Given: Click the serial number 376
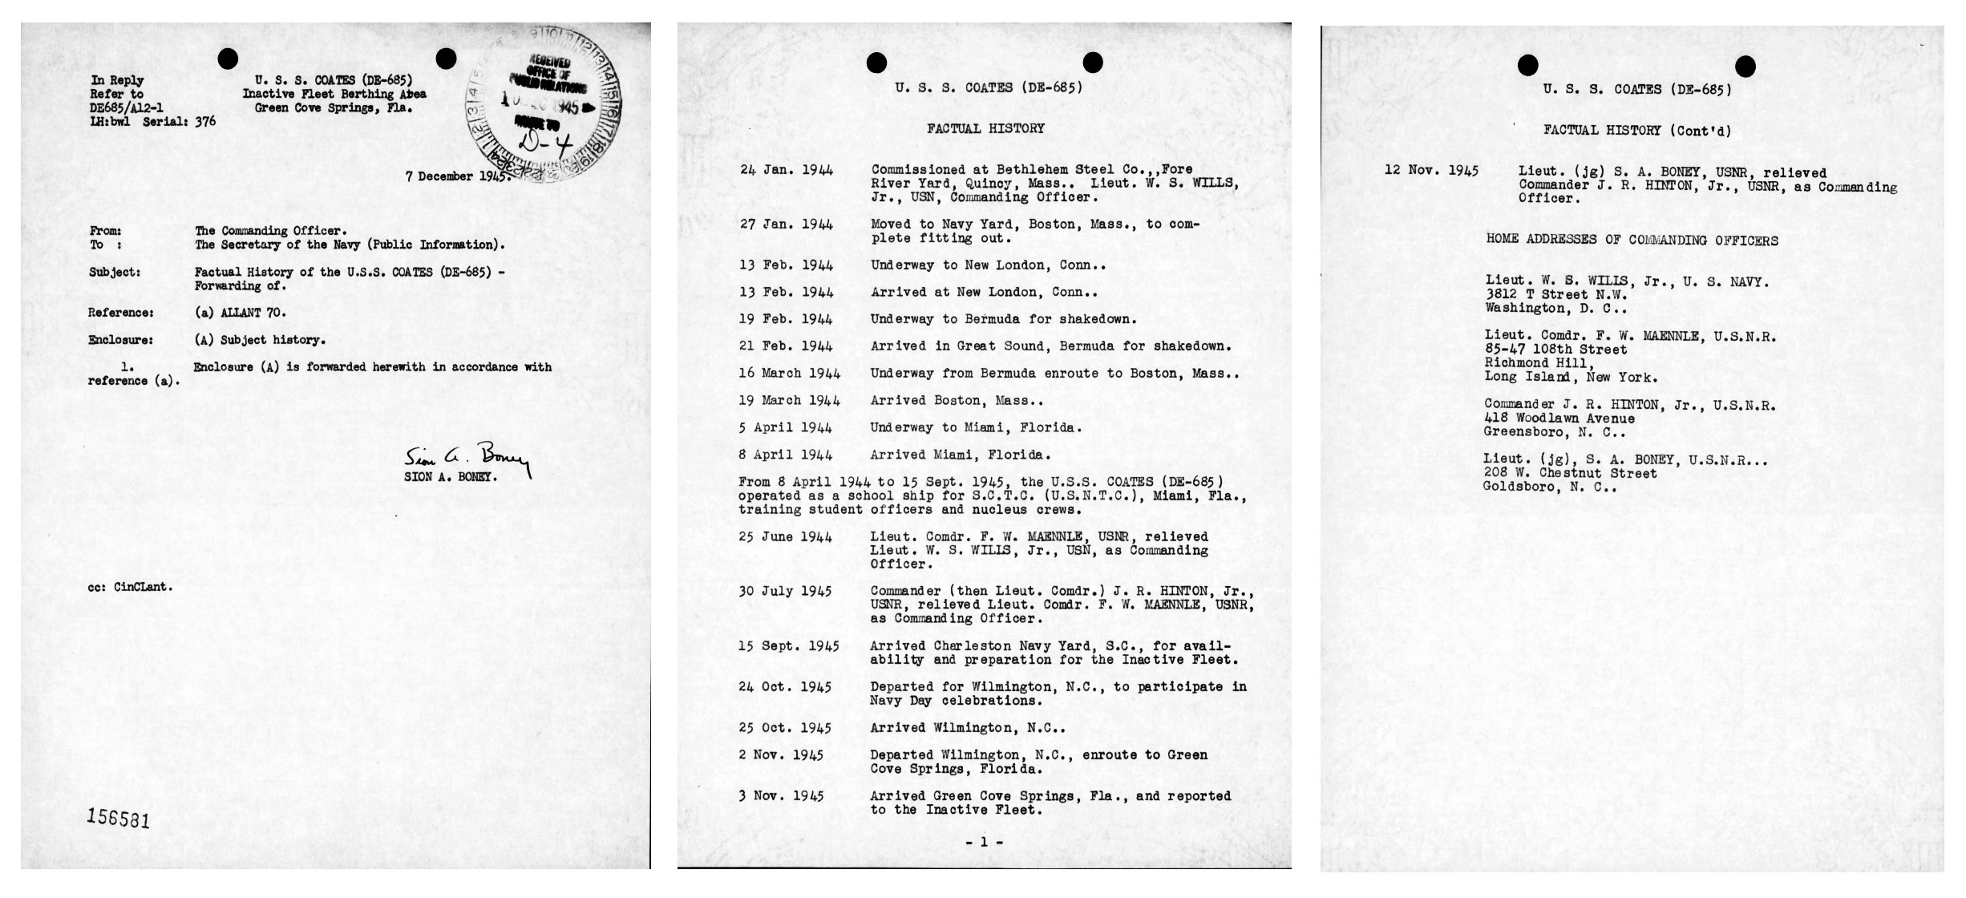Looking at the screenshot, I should pos(205,122).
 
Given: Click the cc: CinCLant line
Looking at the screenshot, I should pos(131,587).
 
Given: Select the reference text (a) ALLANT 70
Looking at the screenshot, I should pos(240,313).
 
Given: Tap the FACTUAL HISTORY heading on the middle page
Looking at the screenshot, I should pos(985,128).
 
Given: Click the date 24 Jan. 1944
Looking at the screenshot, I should pos(786,170).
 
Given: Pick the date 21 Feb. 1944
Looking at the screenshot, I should pos(786,346).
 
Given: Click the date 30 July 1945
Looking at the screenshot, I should pos(785,592).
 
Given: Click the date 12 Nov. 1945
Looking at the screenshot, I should pos(1431,172).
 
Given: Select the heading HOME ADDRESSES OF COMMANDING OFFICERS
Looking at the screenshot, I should pos(1632,241).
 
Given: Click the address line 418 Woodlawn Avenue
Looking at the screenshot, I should pos(1559,419).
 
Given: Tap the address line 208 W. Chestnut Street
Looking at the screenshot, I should pos(1570,474).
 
